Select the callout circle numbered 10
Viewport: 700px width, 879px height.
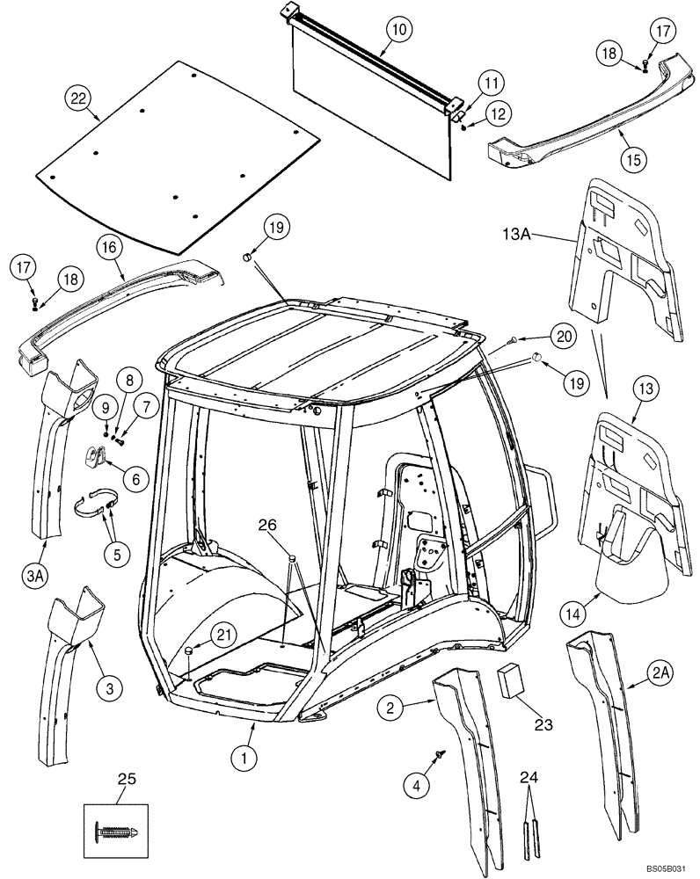pos(398,30)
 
